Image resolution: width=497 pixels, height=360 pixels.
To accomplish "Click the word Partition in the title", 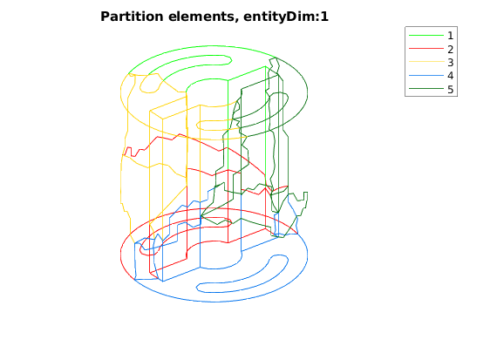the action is click(x=132, y=17).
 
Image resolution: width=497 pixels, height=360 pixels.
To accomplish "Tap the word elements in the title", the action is click(x=203, y=17).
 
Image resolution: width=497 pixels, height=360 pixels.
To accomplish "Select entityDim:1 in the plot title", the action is click(x=286, y=17).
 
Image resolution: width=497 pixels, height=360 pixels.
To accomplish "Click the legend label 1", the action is click(x=450, y=36).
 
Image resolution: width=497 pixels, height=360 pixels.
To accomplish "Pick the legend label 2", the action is click(x=450, y=49).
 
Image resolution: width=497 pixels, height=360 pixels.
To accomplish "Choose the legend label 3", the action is click(x=450, y=63).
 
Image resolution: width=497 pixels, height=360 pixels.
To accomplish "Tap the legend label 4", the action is click(x=450, y=76).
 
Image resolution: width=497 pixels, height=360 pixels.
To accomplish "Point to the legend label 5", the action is click(x=450, y=90).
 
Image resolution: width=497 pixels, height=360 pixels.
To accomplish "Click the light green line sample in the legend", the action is click(x=426, y=35).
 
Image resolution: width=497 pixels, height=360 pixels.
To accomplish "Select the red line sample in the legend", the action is click(x=426, y=49).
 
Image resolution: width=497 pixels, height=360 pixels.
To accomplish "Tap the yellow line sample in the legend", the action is click(x=426, y=62).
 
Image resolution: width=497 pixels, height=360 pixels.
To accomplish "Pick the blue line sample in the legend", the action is click(x=426, y=76).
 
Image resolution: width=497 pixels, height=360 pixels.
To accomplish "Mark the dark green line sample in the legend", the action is click(x=426, y=89).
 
